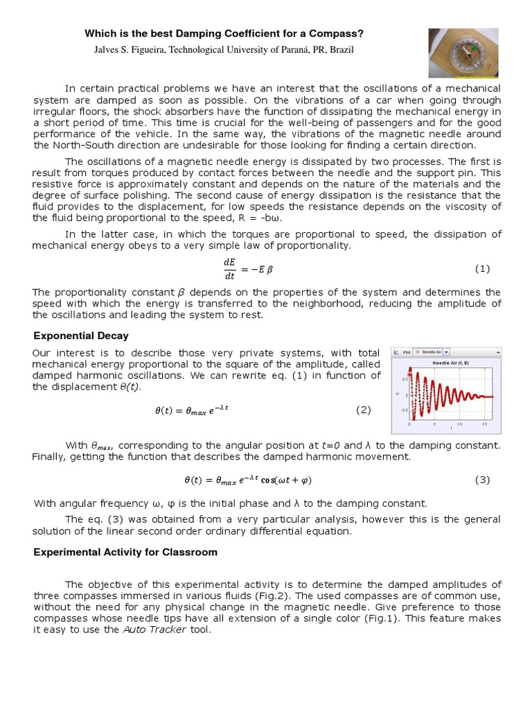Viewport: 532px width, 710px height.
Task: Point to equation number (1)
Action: coord(482,268)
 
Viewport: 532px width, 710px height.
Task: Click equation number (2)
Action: coord(364,410)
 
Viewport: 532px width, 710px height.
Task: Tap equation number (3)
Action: coord(482,480)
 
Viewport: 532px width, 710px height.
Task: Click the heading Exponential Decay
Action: coord(81,336)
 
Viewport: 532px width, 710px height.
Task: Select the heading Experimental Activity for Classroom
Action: coord(125,552)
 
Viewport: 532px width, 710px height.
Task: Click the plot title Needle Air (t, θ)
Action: coord(450,363)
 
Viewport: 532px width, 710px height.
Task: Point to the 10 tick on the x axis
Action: coord(459,424)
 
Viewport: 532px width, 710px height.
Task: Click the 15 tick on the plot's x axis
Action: coord(484,424)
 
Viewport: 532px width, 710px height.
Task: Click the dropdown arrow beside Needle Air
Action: coord(447,352)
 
